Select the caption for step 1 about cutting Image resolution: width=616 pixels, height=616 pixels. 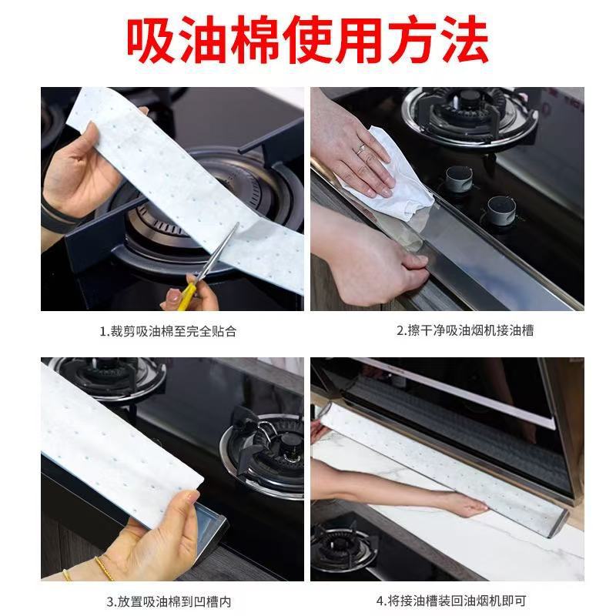(167, 332)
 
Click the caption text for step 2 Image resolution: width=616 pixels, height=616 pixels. (465, 331)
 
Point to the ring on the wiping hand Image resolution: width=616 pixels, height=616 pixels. (361, 148)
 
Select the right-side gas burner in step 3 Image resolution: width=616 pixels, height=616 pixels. (269, 447)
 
